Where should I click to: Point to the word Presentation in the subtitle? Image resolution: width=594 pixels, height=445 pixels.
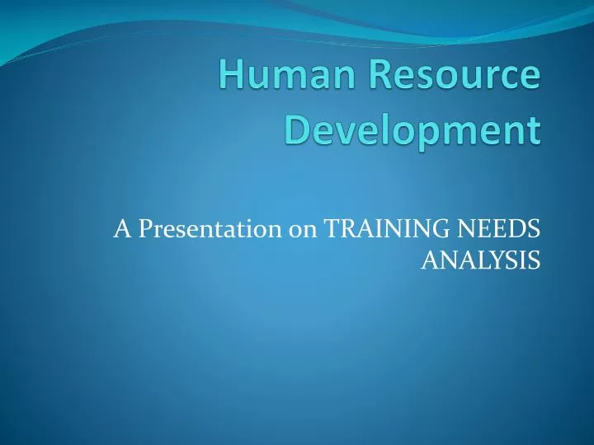click(x=210, y=229)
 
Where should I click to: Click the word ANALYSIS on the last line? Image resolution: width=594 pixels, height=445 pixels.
click(x=481, y=260)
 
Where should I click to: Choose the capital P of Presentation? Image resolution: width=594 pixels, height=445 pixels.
click(x=145, y=228)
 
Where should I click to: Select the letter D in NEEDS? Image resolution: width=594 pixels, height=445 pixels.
click(x=517, y=228)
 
